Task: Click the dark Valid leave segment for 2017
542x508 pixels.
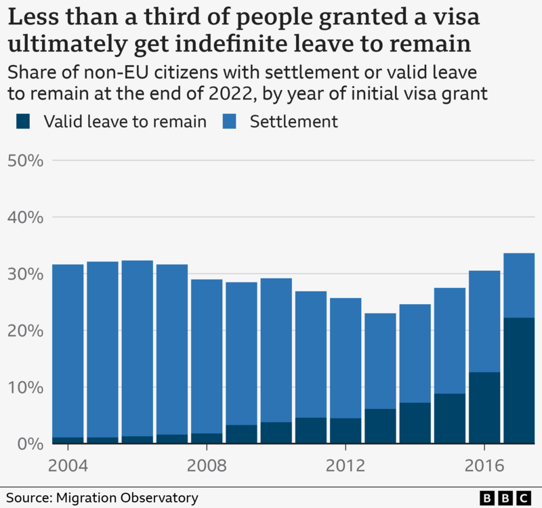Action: [x=519, y=380]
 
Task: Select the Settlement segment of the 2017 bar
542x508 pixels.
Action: [x=519, y=285]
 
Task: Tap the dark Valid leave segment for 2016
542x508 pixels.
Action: [x=484, y=408]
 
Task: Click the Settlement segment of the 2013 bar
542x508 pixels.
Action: [x=380, y=361]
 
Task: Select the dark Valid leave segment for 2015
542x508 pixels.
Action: [x=450, y=419]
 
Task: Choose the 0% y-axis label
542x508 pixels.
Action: [x=30, y=444]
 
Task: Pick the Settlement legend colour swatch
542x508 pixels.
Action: [x=230, y=122]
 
